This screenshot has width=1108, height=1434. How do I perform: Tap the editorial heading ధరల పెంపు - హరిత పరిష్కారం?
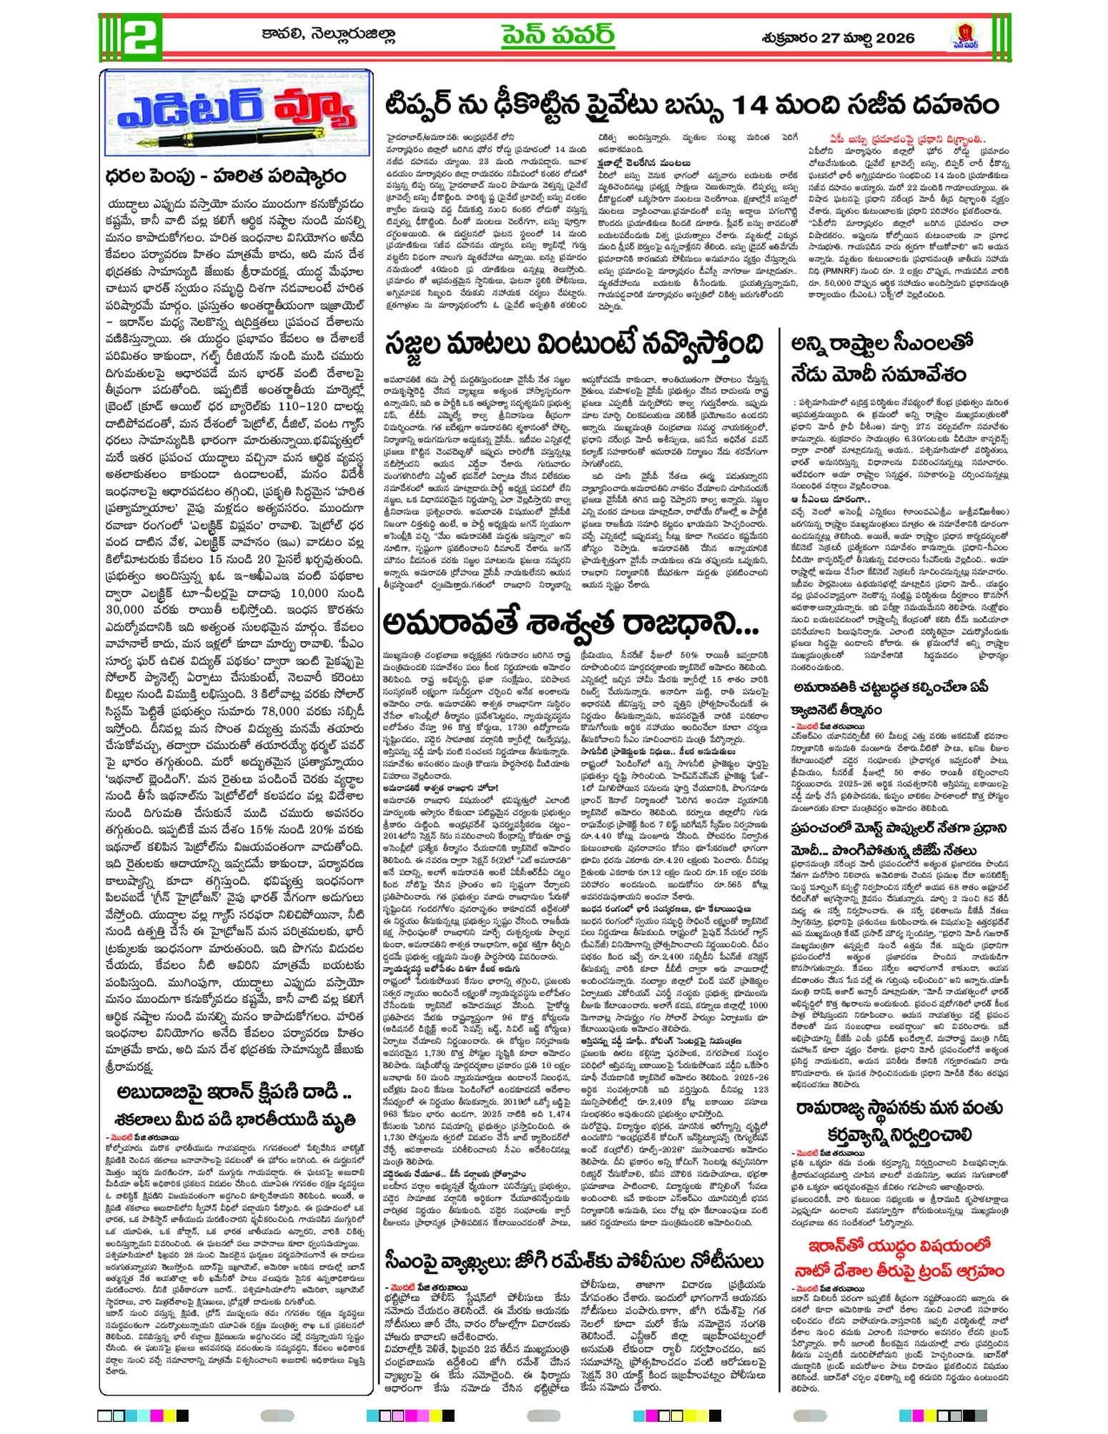coord(225,176)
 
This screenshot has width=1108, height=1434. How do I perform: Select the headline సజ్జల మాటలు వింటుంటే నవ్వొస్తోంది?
coord(573,345)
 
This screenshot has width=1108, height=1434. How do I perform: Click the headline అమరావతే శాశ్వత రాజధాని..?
coord(570,623)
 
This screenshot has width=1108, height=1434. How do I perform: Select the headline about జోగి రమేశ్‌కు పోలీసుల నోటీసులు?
coord(574,1260)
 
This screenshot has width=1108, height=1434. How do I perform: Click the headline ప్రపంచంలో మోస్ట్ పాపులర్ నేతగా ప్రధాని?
coord(899,829)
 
